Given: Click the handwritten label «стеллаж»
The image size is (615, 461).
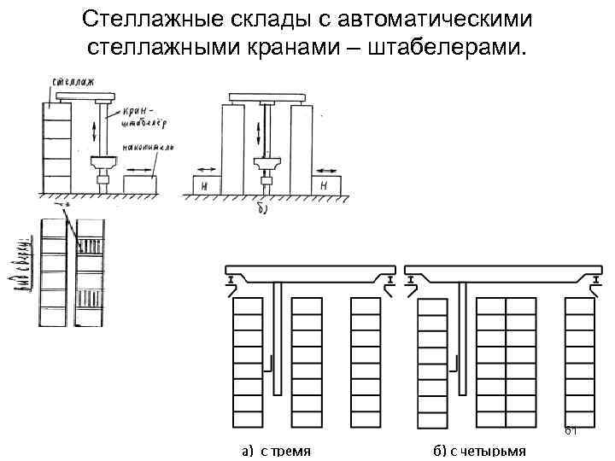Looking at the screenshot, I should [72, 82].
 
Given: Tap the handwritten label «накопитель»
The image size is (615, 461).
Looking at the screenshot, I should [149, 148].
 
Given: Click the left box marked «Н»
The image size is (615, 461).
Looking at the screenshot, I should [206, 184].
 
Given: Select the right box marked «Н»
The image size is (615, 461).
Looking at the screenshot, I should [325, 184].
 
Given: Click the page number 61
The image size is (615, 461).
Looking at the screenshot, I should [571, 430].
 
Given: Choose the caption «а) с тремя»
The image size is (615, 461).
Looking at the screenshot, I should [274, 450].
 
